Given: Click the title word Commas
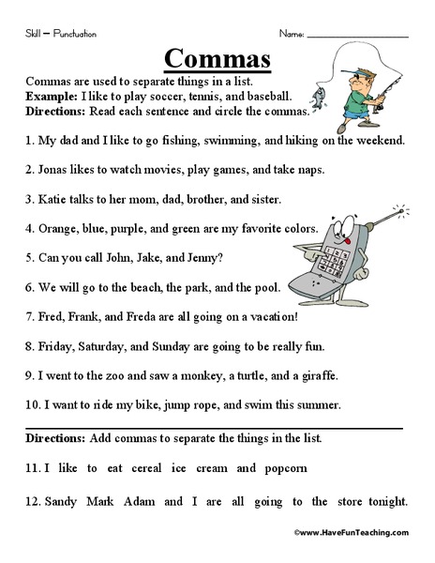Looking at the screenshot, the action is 217,57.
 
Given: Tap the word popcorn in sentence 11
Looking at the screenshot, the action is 284,466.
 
